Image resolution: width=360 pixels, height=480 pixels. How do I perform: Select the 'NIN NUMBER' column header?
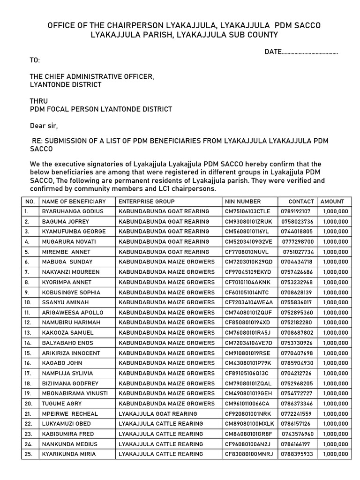pyautogui.click(x=243, y=202)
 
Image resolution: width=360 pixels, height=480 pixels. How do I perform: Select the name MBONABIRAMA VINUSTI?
pyautogui.click(x=75, y=393)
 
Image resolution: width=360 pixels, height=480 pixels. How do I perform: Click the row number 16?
pyautogui.click(x=28, y=363)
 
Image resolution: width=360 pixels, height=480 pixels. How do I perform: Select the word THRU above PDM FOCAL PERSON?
pyautogui.click(x=39, y=101)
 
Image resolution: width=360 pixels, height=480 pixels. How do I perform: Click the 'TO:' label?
pyautogui.click(x=35, y=60)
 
